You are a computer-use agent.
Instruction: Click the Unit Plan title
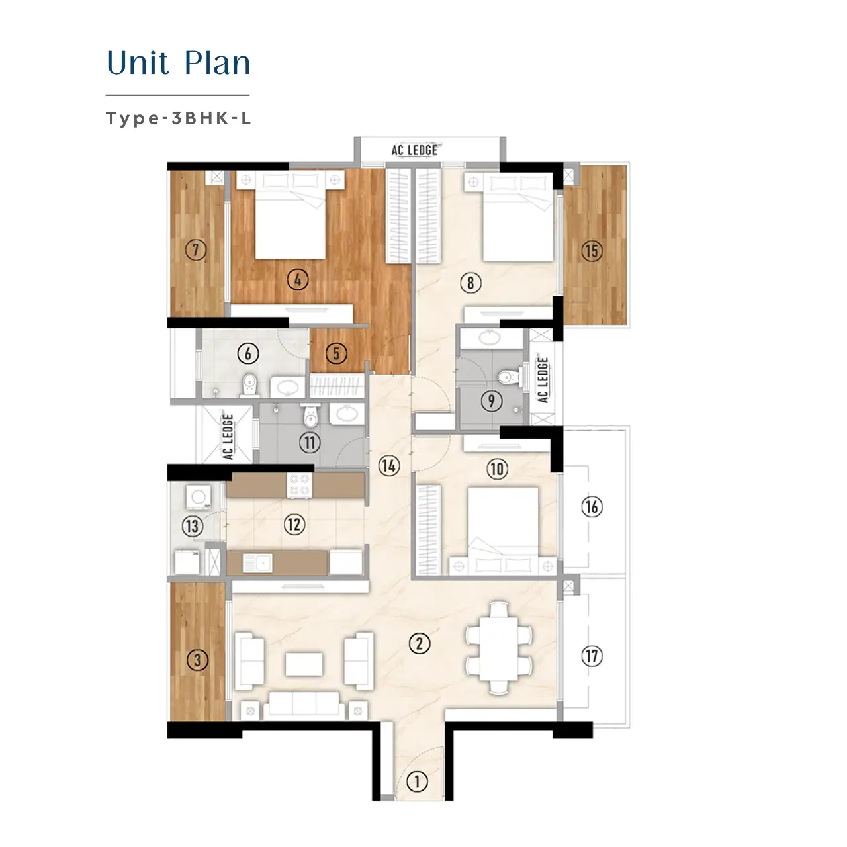178,63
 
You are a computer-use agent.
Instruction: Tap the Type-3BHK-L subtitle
178,118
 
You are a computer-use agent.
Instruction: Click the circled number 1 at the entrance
417,781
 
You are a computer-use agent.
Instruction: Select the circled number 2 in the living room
420,643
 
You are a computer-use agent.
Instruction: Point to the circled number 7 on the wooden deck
196,250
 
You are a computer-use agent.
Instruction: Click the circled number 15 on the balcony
592,251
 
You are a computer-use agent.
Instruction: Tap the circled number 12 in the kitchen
294,524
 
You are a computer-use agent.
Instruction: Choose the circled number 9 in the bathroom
492,401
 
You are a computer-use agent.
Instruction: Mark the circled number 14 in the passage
389,465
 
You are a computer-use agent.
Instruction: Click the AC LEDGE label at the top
414,150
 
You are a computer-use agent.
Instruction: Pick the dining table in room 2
499,648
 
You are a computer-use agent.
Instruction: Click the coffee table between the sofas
304,664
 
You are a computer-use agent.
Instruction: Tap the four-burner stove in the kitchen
299,485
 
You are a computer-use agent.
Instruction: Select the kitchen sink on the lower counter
257,563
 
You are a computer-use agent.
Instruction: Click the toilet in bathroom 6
249,386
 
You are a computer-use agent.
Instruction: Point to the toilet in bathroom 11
310,416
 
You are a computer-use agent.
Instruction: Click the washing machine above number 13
199,497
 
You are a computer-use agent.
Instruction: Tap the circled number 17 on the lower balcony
592,656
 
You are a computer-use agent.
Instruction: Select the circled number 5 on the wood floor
336,353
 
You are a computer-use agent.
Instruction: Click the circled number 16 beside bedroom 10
592,507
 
